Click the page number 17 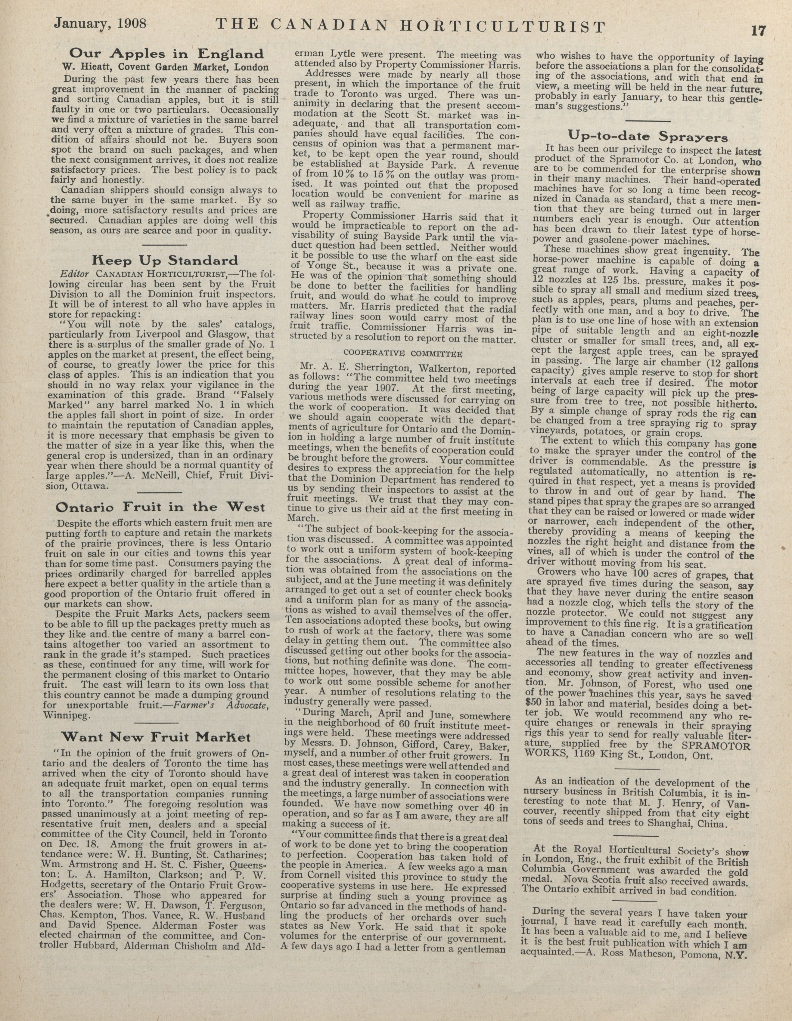pyautogui.click(x=758, y=31)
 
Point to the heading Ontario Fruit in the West pyautogui.click(x=160, y=507)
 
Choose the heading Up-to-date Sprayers pyautogui.click(x=648, y=137)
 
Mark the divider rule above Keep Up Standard pyautogui.click(x=165, y=245)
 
